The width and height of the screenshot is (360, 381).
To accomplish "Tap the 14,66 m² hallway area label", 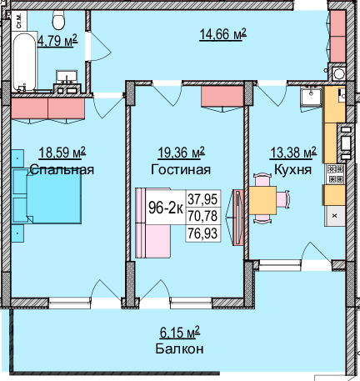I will (x=222, y=33).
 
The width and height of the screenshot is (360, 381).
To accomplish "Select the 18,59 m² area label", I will (x=62, y=153).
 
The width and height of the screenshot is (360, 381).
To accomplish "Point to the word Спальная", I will (x=62, y=169).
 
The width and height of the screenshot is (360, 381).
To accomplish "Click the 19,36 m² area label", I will (x=181, y=153).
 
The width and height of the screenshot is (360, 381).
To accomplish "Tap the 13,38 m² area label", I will (x=292, y=153).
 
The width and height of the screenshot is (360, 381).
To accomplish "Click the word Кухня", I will (x=292, y=169).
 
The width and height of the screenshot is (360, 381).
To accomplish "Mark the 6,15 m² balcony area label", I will (x=179, y=333).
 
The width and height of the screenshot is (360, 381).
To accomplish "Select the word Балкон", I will (x=179, y=348).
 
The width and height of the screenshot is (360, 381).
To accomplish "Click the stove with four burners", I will (x=335, y=173).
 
